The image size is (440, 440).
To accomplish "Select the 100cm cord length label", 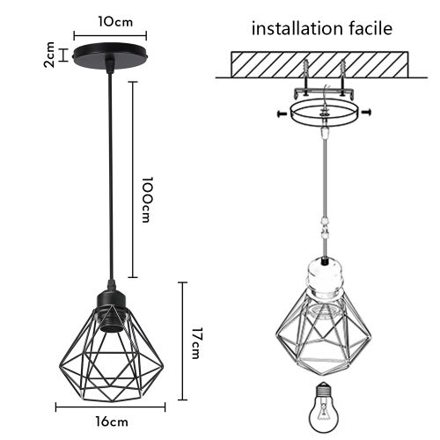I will tap(150, 200).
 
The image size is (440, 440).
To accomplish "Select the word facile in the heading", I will tap(370, 28).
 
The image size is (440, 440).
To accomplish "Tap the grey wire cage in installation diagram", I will tap(324, 339).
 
